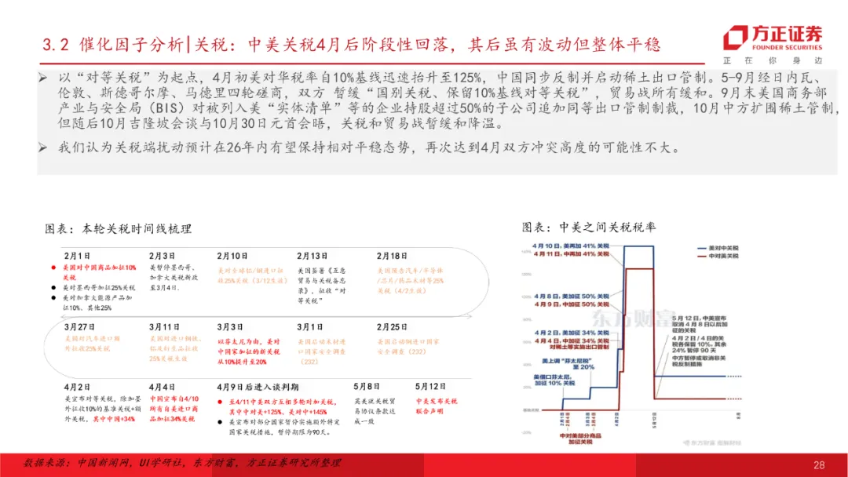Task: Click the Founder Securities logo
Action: [x=773, y=39]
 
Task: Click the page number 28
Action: [x=819, y=465]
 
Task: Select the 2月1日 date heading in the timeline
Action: [x=77, y=256]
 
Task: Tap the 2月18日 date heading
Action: [x=393, y=256]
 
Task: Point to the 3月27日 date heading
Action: [x=79, y=326]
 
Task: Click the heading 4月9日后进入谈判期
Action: [x=257, y=387]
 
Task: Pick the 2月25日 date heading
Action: [x=393, y=326]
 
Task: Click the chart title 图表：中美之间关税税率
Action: [x=589, y=227]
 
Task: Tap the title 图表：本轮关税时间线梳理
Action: [x=119, y=229]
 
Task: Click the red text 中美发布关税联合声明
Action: [x=425, y=405]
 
